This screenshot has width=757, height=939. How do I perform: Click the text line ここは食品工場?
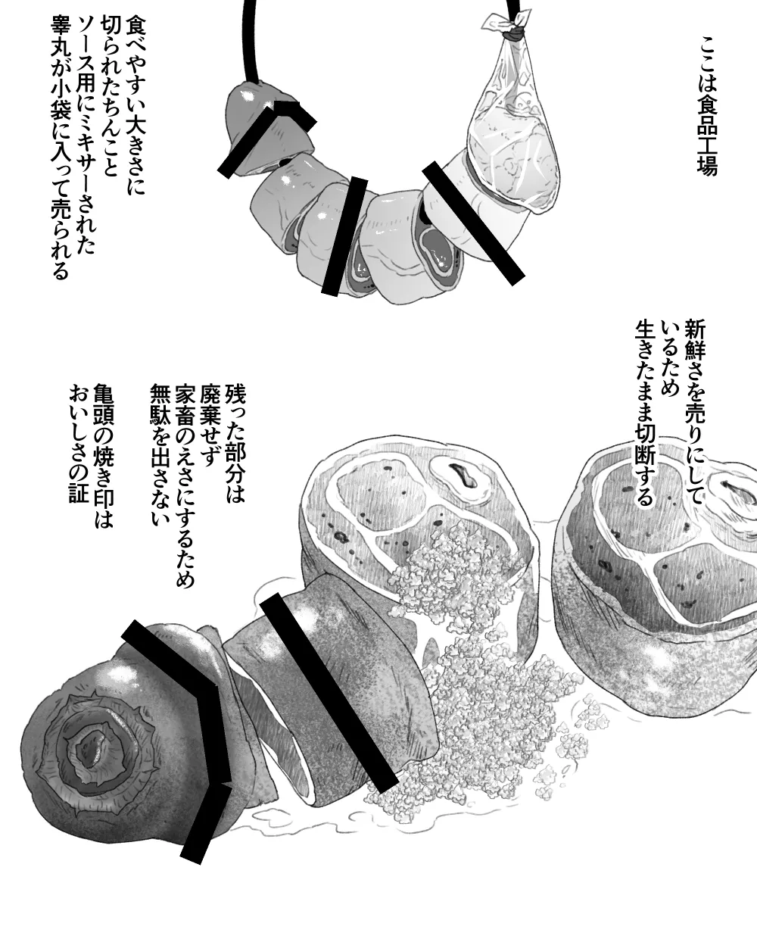707,107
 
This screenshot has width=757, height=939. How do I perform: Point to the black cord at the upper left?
251,38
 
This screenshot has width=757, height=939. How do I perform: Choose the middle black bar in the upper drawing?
344,236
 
